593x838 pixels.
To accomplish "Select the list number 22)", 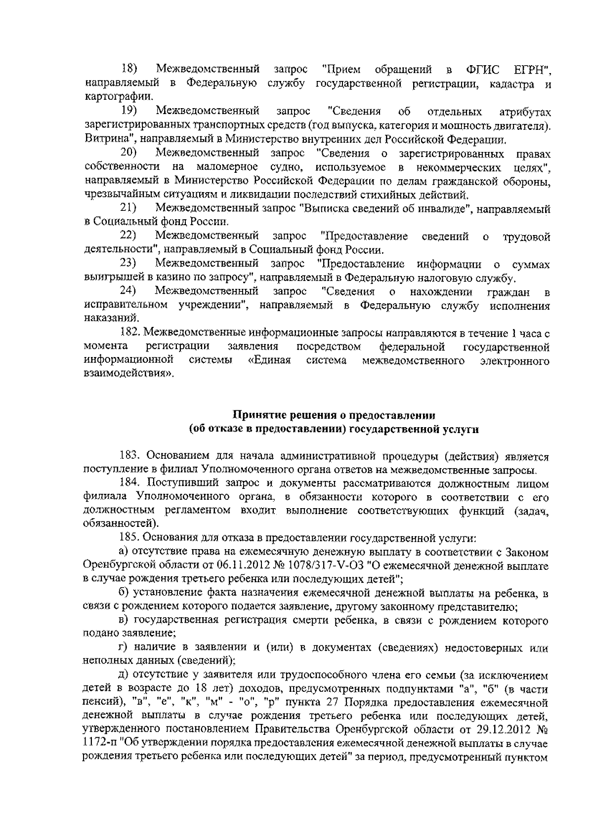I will pyautogui.click(x=129, y=236).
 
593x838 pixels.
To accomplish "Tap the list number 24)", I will pyautogui.click(x=129, y=292).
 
